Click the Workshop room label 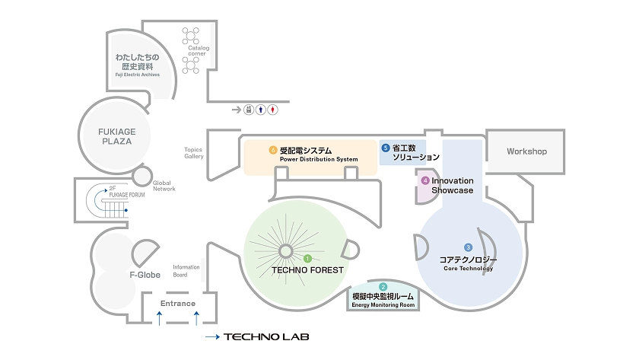point(526,151)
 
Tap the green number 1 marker point(307,259)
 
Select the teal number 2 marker point(383,287)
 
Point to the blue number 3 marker point(469,247)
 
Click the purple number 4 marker point(425,180)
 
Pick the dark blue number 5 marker point(386,148)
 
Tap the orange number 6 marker point(273,150)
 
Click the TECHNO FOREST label point(307,270)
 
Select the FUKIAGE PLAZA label point(117,136)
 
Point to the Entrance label point(178,304)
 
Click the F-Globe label point(145,275)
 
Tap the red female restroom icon point(272,110)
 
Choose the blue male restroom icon point(261,110)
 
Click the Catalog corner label point(198,50)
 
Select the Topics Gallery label point(193,153)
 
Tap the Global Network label point(164,186)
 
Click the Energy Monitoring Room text point(383,305)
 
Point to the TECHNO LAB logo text point(266,336)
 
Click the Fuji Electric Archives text point(138,75)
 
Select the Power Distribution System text point(319,159)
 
